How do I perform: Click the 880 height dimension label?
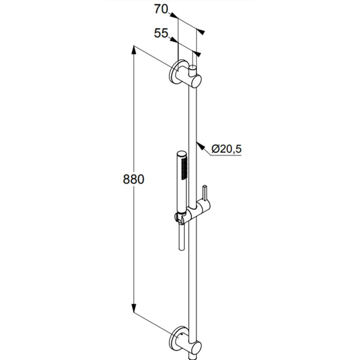tap(133, 179)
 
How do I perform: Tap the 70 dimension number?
tap(161, 10)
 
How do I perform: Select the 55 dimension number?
tap(161, 33)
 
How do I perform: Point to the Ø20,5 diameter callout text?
tap(226, 149)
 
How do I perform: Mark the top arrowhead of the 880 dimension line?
tap(134, 50)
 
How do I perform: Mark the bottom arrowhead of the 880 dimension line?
tap(134, 308)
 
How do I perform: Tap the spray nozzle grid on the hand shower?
tap(184, 168)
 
